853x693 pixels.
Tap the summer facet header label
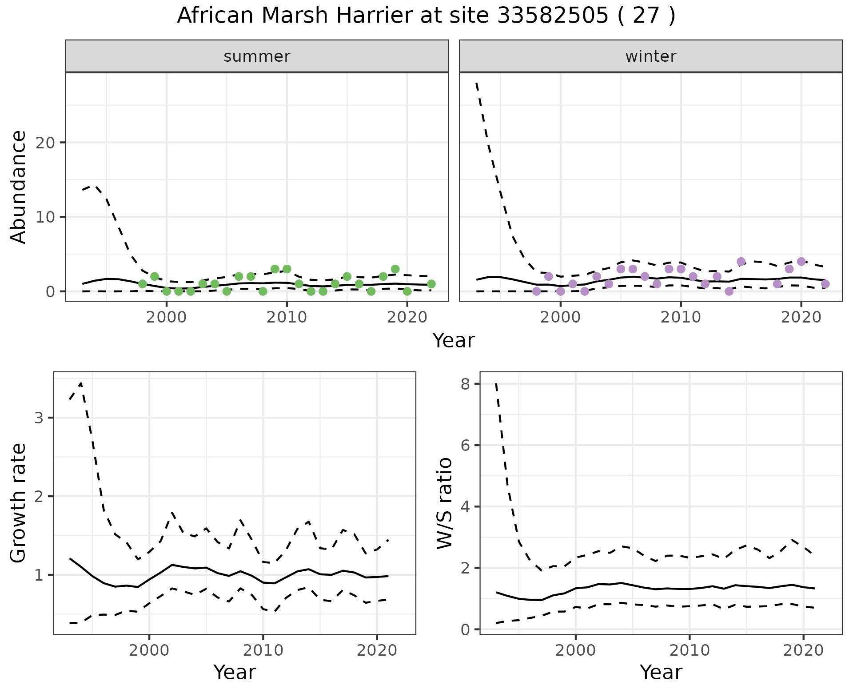pyautogui.click(x=257, y=56)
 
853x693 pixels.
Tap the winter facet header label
pyautogui.click(x=651, y=56)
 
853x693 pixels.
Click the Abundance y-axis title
pyautogui.click(x=19, y=187)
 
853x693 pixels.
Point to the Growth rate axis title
pyautogui.click(x=19, y=503)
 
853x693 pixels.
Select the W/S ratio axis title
pyautogui.click(x=444, y=503)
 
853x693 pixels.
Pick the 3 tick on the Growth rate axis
pyautogui.click(x=38, y=418)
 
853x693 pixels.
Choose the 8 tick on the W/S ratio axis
pyautogui.click(x=465, y=384)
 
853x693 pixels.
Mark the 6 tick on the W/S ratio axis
pyautogui.click(x=465, y=446)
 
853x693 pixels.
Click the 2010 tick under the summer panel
pyautogui.click(x=287, y=317)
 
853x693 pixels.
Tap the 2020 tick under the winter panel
pyautogui.click(x=801, y=317)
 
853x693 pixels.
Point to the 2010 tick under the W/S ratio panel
pyautogui.click(x=689, y=651)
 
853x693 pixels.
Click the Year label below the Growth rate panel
pyautogui.click(x=235, y=672)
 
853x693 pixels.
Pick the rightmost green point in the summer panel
pyautogui.click(x=431, y=284)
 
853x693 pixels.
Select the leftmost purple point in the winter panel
pyautogui.click(x=537, y=291)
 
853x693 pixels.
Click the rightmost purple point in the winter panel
pyautogui.click(x=825, y=284)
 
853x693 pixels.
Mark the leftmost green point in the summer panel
pyautogui.click(x=143, y=284)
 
